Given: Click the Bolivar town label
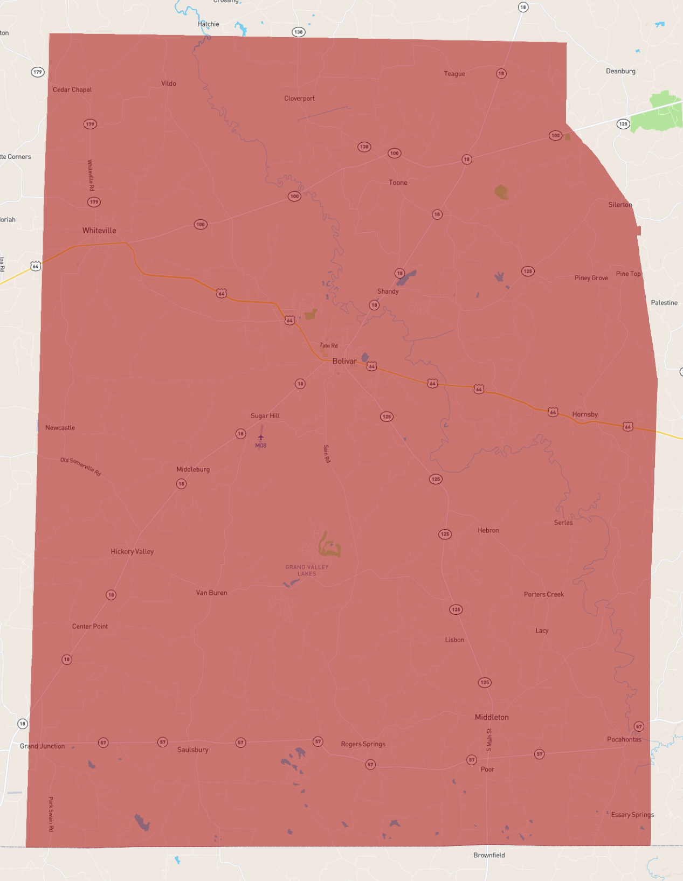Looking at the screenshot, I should (344, 361).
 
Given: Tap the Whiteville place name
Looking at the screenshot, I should (99, 231).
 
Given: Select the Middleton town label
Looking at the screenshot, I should (492, 717).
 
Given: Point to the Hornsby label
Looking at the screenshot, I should (585, 414).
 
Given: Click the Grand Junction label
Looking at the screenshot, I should (43, 746).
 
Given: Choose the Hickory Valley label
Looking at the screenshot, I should (132, 552).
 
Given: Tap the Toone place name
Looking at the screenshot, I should (398, 183).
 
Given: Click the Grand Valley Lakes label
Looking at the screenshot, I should (307, 570).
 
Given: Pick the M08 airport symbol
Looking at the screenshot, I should (261, 438).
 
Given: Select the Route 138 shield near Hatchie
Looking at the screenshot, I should (298, 32).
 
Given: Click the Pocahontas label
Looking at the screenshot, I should (624, 739).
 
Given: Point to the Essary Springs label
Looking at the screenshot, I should (632, 815).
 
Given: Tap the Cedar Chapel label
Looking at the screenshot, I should (72, 90).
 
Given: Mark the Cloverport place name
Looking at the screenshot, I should (299, 99).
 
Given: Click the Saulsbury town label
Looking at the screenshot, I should (192, 750).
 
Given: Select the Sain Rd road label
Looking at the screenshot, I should (327, 454).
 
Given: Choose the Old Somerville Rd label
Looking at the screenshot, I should (81, 467).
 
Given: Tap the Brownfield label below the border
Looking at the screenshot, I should (489, 855).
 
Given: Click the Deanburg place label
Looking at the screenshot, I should (620, 71).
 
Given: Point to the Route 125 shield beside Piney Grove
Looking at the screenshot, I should (528, 271).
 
